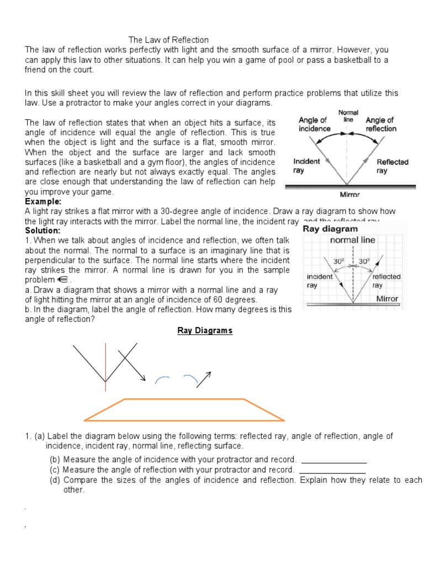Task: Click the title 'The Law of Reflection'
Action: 168,40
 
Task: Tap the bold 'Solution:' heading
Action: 43,230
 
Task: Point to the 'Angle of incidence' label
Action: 314,124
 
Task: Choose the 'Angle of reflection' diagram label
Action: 381,124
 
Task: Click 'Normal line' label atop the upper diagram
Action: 348,116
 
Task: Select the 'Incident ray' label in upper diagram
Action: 307,166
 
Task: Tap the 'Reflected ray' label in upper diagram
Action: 392,166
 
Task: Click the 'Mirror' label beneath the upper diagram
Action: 350,194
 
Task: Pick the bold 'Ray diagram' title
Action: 331,228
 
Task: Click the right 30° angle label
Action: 364,260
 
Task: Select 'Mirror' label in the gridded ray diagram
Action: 387,299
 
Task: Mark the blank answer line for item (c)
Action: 332,473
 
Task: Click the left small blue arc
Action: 162,379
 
